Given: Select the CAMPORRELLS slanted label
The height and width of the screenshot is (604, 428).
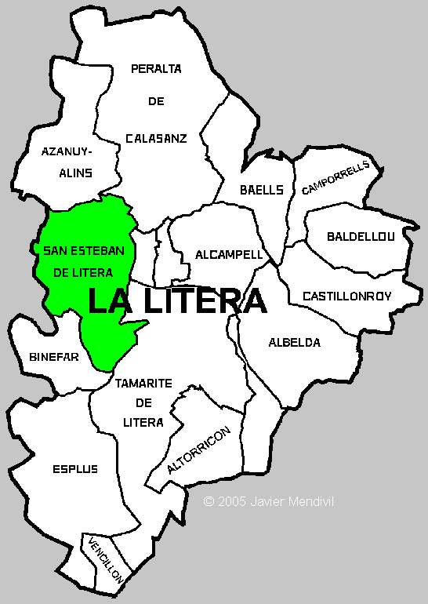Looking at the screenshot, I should click(335, 179).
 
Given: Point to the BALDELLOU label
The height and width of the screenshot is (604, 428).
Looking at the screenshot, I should click(361, 235).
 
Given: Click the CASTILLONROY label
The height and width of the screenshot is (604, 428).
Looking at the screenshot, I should click(352, 296).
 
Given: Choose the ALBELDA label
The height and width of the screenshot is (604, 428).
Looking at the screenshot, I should click(295, 342).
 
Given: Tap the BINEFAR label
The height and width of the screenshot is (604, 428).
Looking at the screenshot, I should click(54, 356).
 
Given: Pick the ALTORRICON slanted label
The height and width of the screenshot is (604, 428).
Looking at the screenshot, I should click(199, 452).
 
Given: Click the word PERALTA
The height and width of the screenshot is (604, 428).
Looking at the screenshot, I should click(156, 68).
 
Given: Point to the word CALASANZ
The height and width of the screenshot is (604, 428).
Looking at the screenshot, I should click(156, 138).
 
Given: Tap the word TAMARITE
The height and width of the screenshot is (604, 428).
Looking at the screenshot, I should click(143, 384).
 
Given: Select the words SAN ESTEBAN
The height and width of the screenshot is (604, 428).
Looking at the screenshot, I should click(83, 251).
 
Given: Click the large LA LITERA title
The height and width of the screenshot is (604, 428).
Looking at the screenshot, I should click(176, 300).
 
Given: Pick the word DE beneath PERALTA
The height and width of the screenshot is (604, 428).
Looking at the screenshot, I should click(156, 101).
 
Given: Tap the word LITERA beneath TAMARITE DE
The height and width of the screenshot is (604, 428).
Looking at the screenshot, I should click(143, 422).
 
